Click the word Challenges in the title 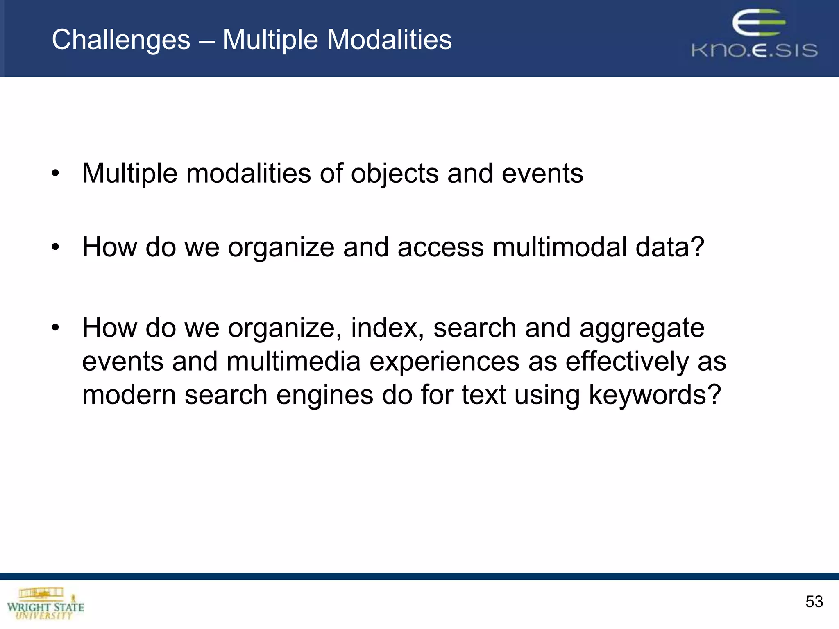pos(121,40)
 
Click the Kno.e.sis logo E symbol pos(758,23)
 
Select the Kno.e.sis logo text pos(754,50)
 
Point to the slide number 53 pos(814,602)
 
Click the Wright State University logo pos(45,604)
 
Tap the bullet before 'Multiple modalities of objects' pos(55,174)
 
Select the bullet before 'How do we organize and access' pos(55,247)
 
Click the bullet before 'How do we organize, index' pos(55,328)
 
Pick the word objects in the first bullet pos(395,174)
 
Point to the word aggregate pos(642,328)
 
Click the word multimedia pos(293,362)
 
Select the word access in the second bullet pos(440,247)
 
